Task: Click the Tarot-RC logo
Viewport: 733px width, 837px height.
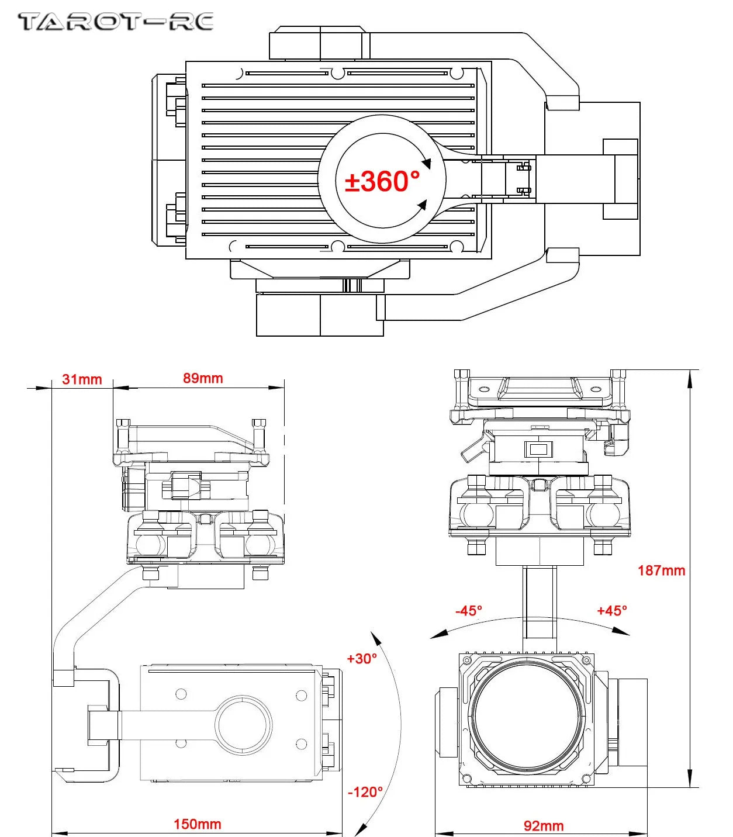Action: (x=115, y=22)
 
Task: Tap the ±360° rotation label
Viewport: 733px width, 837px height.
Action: (x=382, y=181)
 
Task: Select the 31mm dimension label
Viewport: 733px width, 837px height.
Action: (x=82, y=379)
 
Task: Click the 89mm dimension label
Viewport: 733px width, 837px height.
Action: (x=203, y=378)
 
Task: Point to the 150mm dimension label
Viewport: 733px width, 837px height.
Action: (x=197, y=824)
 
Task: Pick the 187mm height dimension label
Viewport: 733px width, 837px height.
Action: (x=661, y=570)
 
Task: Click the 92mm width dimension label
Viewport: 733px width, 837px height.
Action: (x=544, y=826)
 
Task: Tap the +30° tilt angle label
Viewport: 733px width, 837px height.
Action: (x=362, y=659)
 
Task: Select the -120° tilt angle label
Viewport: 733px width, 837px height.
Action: (x=365, y=792)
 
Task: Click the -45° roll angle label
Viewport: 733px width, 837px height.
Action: (x=469, y=611)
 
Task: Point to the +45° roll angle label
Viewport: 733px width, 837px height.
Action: (x=612, y=611)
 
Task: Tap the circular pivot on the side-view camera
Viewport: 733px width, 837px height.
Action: (x=244, y=724)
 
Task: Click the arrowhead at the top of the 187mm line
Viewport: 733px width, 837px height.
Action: (x=691, y=379)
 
